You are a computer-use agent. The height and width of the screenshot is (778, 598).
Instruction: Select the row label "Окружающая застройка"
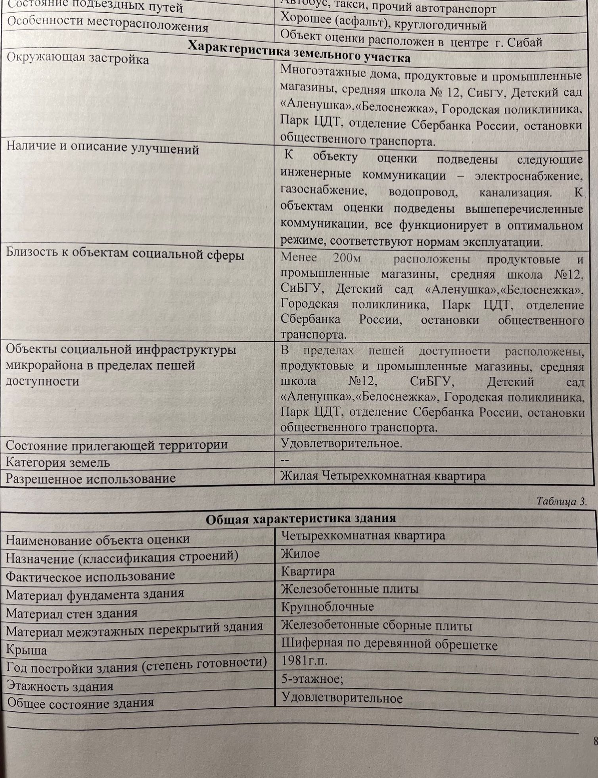[x=78, y=58]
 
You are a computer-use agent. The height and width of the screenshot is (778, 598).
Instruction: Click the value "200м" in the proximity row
[x=347, y=258]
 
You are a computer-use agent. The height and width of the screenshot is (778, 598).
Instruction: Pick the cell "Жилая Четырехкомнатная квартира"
[x=383, y=476]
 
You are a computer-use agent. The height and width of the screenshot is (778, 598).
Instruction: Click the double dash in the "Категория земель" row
[x=285, y=460]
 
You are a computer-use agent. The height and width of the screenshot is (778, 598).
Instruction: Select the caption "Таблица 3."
[x=561, y=501]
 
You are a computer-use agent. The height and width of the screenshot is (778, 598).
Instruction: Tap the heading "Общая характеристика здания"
[x=301, y=518]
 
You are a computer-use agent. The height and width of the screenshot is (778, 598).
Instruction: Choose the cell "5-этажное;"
[x=312, y=679]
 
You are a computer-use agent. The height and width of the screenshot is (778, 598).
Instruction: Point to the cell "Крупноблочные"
[x=328, y=607]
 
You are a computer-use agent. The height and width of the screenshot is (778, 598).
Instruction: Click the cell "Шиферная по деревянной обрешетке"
[x=389, y=644]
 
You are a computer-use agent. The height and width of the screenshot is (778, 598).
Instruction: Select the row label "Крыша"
[x=27, y=650]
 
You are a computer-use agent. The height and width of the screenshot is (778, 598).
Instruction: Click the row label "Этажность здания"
[x=60, y=686]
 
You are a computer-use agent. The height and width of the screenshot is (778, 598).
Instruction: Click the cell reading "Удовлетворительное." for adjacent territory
[x=341, y=443]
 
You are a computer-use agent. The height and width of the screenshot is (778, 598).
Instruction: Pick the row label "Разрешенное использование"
[x=90, y=478]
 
